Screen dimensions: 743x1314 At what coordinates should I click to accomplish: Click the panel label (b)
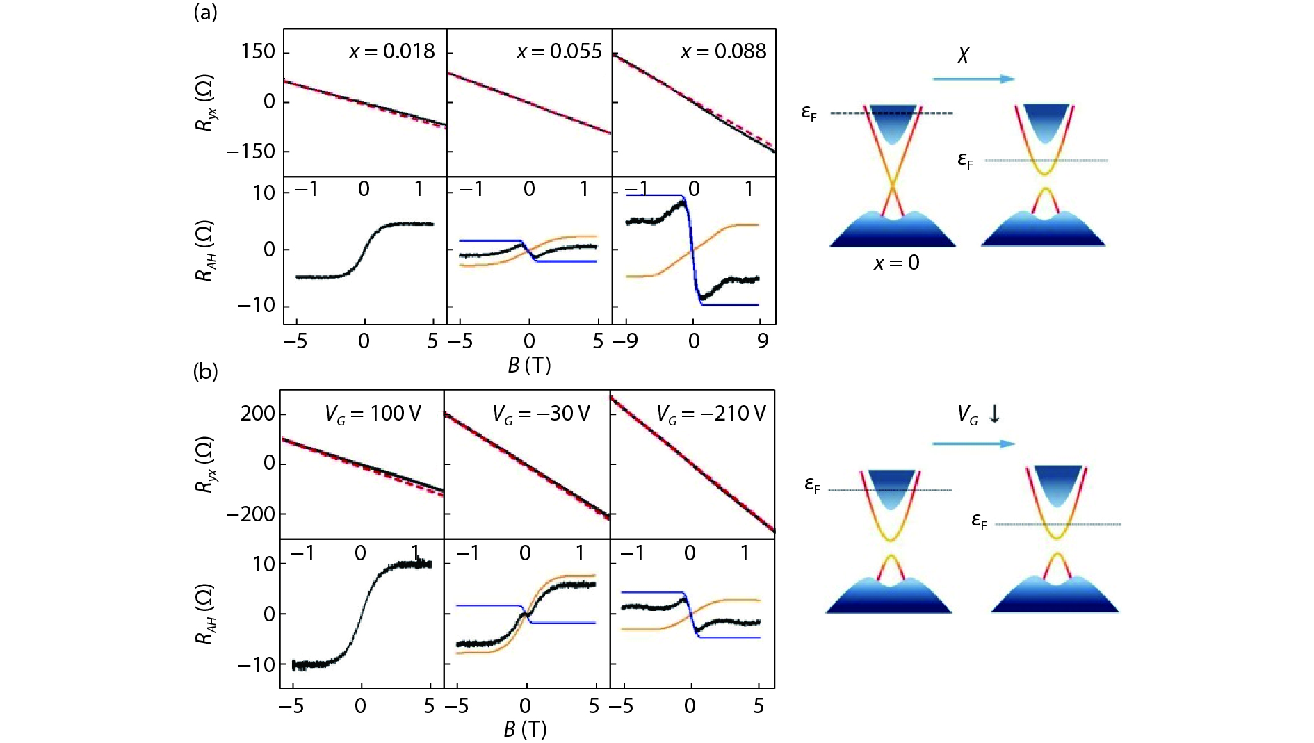point(205,372)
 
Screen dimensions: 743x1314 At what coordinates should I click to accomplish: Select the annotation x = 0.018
point(391,51)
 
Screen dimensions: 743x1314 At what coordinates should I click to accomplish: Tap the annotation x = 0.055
point(558,51)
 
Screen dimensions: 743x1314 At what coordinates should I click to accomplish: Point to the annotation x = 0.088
point(723,51)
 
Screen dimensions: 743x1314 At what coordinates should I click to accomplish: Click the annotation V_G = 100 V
point(373,414)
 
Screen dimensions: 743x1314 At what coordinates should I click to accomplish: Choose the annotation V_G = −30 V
point(541,414)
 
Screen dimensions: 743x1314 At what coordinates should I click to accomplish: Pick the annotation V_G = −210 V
point(711,414)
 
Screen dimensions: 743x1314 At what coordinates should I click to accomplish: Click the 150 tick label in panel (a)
point(258,51)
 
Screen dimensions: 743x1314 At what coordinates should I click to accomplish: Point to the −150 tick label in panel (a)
point(250,151)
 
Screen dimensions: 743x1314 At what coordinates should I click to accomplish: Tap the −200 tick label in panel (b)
point(250,514)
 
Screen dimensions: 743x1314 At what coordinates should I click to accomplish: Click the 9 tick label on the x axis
point(763,341)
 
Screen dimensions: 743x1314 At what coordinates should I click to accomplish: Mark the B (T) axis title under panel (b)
point(525,729)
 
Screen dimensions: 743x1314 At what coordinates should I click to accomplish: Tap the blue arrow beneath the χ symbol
point(973,79)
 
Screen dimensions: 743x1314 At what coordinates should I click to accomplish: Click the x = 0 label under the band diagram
point(896,263)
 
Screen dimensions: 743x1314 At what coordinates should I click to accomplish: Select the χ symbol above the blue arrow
point(963,56)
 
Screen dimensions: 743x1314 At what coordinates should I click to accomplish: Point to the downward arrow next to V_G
point(994,414)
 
